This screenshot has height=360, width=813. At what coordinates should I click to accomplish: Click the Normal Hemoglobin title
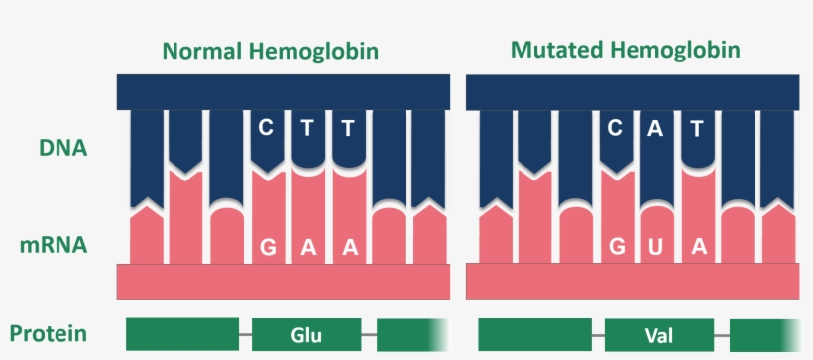(272, 51)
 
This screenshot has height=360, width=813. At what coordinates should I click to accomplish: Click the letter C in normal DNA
(266, 127)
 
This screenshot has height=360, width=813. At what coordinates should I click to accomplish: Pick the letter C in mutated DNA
(615, 127)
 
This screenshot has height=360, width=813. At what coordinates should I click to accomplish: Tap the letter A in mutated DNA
(656, 127)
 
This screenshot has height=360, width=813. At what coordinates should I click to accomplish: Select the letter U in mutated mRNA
(656, 247)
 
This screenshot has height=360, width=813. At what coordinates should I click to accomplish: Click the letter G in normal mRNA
(267, 247)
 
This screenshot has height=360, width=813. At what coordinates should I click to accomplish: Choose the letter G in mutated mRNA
(615, 247)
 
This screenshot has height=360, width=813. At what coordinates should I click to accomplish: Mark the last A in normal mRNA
(349, 247)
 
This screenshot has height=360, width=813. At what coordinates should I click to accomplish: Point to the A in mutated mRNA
(698, 247)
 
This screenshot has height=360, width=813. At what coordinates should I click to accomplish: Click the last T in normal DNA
(348, 127)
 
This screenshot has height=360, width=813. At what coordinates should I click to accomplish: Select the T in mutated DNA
(697, 127)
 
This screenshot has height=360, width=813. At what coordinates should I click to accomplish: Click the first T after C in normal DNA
(307, 127)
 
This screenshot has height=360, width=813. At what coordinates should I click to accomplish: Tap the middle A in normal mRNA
(307, 247)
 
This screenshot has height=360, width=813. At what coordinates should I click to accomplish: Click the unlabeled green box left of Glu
(182, 334)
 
